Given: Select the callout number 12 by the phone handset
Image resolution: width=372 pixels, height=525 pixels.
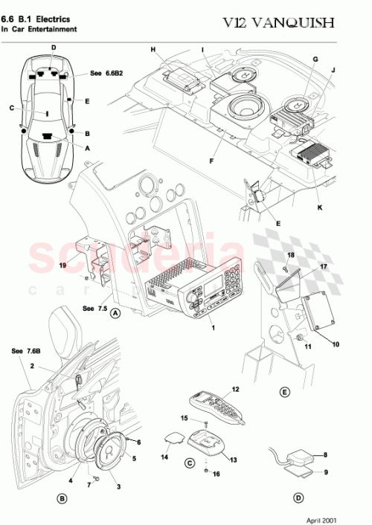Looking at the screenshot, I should (x=236, y=389).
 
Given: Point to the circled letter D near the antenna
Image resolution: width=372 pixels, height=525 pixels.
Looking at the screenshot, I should (x=298, y=498).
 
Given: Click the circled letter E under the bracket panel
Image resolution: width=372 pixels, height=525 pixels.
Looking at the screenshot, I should (x=284, y=391).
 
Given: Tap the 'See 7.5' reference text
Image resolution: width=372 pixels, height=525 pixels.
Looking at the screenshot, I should (x=94, y=308).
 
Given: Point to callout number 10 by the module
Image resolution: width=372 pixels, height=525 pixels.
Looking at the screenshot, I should (x=335, y=344).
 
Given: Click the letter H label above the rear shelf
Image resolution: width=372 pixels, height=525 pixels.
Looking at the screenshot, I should (x=153, y=50).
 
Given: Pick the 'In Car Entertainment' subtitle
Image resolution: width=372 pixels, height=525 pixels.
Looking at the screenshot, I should (x=39, y=30).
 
